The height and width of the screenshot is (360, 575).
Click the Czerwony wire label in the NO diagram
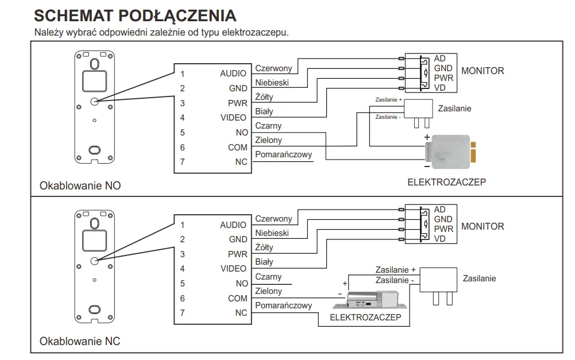pyautogui.click(x=273, y=68)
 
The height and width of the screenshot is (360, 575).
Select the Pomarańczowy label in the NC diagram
pyautogui.click(x=284, y=305)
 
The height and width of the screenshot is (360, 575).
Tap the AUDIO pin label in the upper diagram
pyautogui.click(x=233, y=73)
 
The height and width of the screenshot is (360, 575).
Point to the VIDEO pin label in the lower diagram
pyautogui.click(x=233, y=269)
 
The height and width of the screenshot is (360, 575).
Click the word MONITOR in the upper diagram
pyautogui.click(x=483, y=71)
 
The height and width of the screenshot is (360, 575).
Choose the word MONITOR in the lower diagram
pyautogui.click(x=483, y=226)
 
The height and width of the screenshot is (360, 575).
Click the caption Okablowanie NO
pyautogui.click(x=80, y=186)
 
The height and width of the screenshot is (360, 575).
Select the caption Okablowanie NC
pyautogui.click(x=80, y=341)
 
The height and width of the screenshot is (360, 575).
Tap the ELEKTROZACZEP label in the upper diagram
pyautogui.click(x=446, y=182)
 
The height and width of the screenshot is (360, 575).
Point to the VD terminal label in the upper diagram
pyautogui.click(x=440, y=87)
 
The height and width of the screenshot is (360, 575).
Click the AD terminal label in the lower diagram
pyautogui.click(x=440, y=210)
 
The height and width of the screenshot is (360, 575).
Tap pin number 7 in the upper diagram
pyautogui.click(x=183, y=162)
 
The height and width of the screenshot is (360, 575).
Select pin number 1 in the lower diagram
pyautogui.click(x=183, y=225)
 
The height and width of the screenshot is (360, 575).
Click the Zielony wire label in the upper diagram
pyautogui.click(x=268, y=140)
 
